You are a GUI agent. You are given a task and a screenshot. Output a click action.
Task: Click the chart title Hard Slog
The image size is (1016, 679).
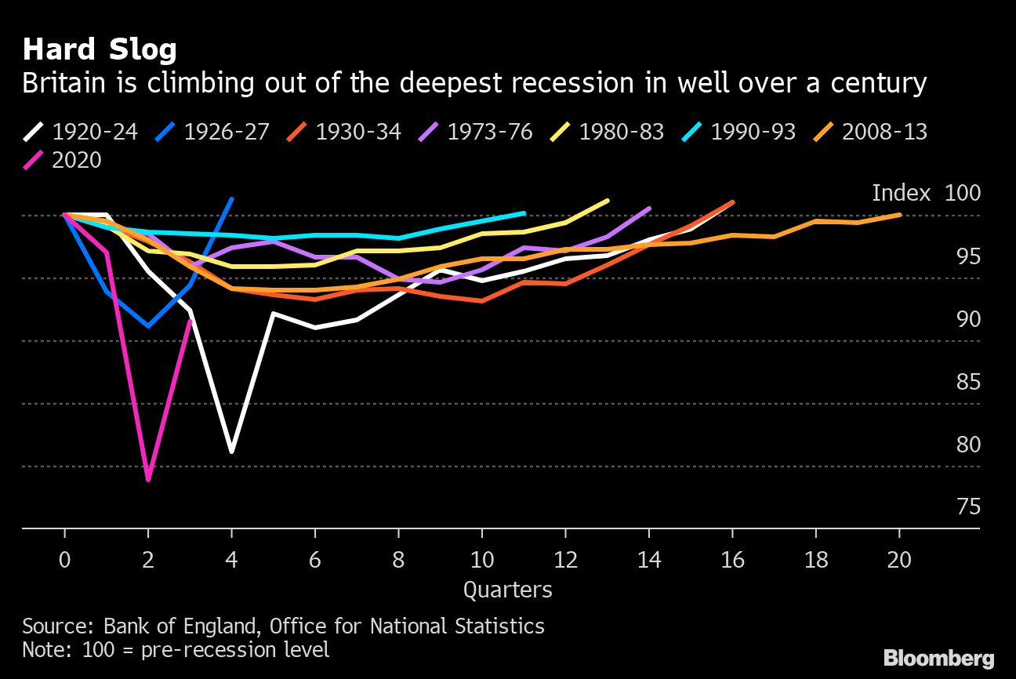pos(100,49)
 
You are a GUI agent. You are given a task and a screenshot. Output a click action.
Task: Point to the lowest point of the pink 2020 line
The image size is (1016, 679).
pos(147,480)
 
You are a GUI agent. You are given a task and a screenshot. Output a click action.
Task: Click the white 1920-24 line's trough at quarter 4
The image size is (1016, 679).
pos(231,452)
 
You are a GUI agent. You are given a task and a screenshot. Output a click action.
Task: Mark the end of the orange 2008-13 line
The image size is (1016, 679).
pos(899,215)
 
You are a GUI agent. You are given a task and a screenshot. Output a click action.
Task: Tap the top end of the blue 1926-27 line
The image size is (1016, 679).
pos(231,198)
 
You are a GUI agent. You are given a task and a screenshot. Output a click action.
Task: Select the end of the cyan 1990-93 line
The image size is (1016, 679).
pos(524,212)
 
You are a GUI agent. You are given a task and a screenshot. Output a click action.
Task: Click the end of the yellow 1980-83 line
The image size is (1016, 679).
pos(608,201)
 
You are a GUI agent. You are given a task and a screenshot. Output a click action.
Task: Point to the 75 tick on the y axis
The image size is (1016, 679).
pos(969,507)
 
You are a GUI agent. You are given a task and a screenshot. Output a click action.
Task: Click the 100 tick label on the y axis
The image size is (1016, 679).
pos(963,193)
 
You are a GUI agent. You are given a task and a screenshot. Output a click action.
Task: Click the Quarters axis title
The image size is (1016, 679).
pos(508,590)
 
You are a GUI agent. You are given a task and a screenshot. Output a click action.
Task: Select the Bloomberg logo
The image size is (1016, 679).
pos(938,658)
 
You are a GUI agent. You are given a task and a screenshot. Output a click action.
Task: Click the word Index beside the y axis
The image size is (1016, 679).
pos(901,193)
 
